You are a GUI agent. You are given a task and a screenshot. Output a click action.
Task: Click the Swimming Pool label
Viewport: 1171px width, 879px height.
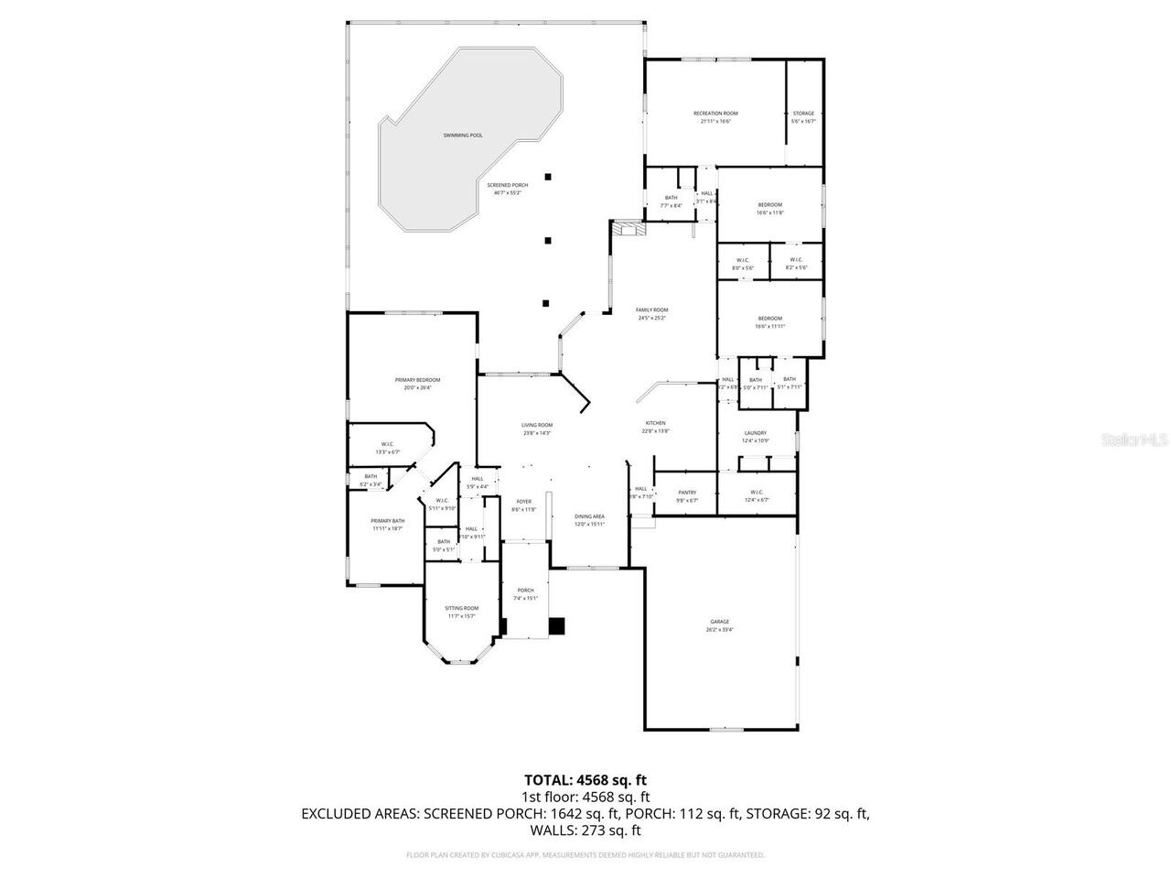[462, 136]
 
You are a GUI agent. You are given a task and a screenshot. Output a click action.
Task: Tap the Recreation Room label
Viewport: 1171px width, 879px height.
[715, 114]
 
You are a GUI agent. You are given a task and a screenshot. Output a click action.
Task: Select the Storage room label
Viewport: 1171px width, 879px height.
[803, 114]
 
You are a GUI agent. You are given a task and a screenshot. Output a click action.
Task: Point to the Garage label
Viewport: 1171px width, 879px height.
[718, 623]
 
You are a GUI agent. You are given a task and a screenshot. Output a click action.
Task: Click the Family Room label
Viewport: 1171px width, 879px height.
[652, 310]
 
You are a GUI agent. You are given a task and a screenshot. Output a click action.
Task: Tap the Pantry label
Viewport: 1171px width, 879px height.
[687, 493]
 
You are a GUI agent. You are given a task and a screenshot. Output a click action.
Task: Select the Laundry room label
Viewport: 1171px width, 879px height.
[755, 433]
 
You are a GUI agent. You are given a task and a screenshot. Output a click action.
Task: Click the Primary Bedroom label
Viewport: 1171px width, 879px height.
[417, 380]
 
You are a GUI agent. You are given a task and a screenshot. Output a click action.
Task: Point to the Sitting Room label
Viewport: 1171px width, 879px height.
[461, 609]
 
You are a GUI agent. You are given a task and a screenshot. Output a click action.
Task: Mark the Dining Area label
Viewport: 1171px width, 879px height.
[589, 517]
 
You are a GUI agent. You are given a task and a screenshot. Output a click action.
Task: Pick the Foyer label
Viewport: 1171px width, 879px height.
[523, 502]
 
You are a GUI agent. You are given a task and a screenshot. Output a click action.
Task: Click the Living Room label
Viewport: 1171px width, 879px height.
[537, 425]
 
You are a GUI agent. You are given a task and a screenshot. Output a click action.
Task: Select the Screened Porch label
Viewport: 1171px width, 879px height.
[507, 185]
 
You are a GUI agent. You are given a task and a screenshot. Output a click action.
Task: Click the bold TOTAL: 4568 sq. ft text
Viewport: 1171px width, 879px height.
[585, 780]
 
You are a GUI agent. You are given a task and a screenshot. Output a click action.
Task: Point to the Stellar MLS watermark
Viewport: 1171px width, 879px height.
[1134, 439]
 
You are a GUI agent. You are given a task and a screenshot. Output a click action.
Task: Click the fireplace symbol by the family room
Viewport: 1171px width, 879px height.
[628, 228]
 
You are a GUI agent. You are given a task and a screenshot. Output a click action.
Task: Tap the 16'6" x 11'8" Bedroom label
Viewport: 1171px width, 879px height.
[769, 205]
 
